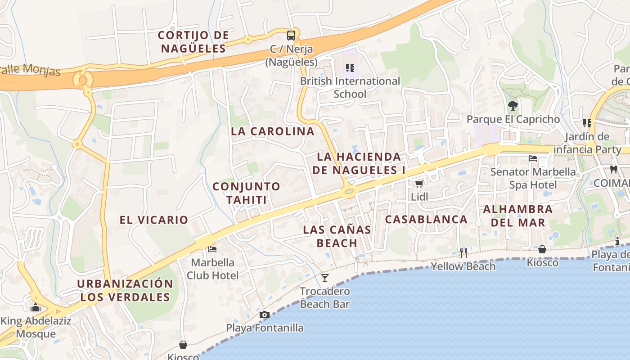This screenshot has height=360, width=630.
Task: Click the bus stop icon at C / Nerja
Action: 291,35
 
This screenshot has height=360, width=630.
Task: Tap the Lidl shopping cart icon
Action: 419,184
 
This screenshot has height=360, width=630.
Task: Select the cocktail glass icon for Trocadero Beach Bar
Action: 325,278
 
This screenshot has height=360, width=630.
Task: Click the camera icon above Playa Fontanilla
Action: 265,315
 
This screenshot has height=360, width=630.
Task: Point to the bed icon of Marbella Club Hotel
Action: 212,249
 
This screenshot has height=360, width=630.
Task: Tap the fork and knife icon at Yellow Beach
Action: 463,252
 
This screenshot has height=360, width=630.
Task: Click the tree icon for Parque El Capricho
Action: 513,106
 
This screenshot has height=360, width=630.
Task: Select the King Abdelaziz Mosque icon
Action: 35,308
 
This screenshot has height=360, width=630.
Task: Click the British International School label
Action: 350,87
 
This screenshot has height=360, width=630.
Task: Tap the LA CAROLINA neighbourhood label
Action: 273,131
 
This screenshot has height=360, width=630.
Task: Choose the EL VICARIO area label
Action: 154,220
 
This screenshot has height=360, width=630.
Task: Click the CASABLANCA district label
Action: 426,219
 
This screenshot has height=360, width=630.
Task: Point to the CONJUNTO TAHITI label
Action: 246,193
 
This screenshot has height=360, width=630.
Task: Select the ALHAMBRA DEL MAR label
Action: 517,216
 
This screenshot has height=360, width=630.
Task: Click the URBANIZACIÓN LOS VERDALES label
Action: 125,290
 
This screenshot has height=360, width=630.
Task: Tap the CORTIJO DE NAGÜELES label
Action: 193,41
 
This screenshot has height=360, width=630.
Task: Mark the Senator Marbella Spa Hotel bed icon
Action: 533,158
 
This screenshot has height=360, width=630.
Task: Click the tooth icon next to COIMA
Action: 613,170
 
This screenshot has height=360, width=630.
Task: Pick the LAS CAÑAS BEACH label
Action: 337,236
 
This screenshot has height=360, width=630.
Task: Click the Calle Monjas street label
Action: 31,70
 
